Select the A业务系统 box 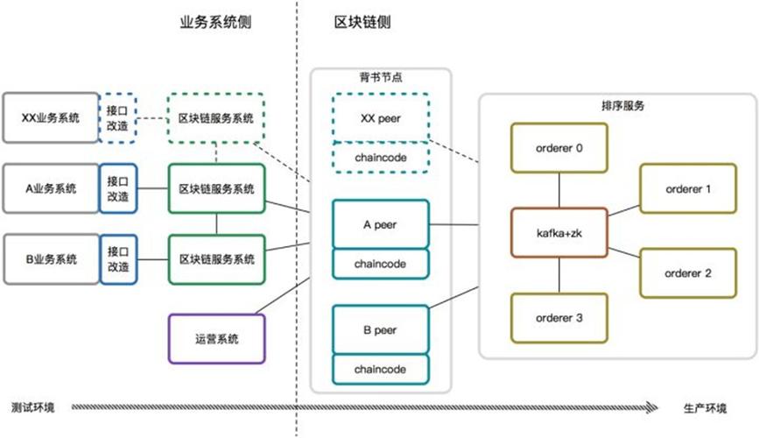tap(50, 188)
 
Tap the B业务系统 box tap(50, 259)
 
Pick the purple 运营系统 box tap(216, 339)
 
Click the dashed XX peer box tap(380, 117)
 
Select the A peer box tap(380, 224)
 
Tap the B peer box tap(380, 330)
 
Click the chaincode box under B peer tap(380, 369)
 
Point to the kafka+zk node tap(559, 233)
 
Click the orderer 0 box tap(559, 148)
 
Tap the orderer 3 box tap(559, 318)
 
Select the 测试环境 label tap(32, 408)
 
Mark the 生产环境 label tap(704, 408)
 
